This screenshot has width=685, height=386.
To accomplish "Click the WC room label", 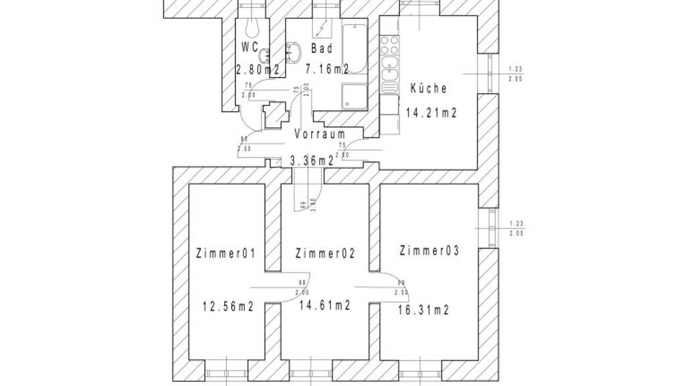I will (250, 48).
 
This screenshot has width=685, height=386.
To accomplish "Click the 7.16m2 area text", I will (326, 68).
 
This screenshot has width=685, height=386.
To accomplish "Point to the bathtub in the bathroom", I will (354, 48).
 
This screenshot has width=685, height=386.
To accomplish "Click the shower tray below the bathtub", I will (354, 96).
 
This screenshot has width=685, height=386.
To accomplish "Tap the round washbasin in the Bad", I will (295, 51).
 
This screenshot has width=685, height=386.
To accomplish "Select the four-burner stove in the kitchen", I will (389, 46).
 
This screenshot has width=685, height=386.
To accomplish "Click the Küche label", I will (428, 88).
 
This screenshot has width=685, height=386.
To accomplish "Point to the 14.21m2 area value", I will (431, 112).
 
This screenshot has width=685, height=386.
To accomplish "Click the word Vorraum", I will (320, 134).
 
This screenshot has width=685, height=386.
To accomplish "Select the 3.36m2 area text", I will (312, 161).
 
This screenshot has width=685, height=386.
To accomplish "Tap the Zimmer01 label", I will (226, 254).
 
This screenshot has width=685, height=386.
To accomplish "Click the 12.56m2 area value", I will (227, 307).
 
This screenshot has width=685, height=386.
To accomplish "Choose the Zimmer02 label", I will (324, 254).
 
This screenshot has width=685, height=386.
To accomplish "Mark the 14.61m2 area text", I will (325, 306).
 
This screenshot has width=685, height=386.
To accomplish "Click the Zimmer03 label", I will (429, 251).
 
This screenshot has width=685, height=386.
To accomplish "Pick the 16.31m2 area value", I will (423, 310).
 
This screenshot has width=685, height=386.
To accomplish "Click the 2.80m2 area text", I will (257, 68).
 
